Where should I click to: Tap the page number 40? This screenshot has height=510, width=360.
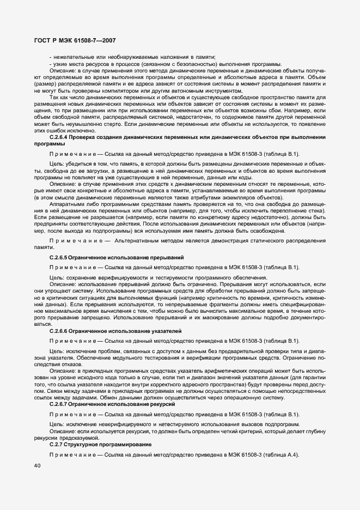point(37,466)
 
